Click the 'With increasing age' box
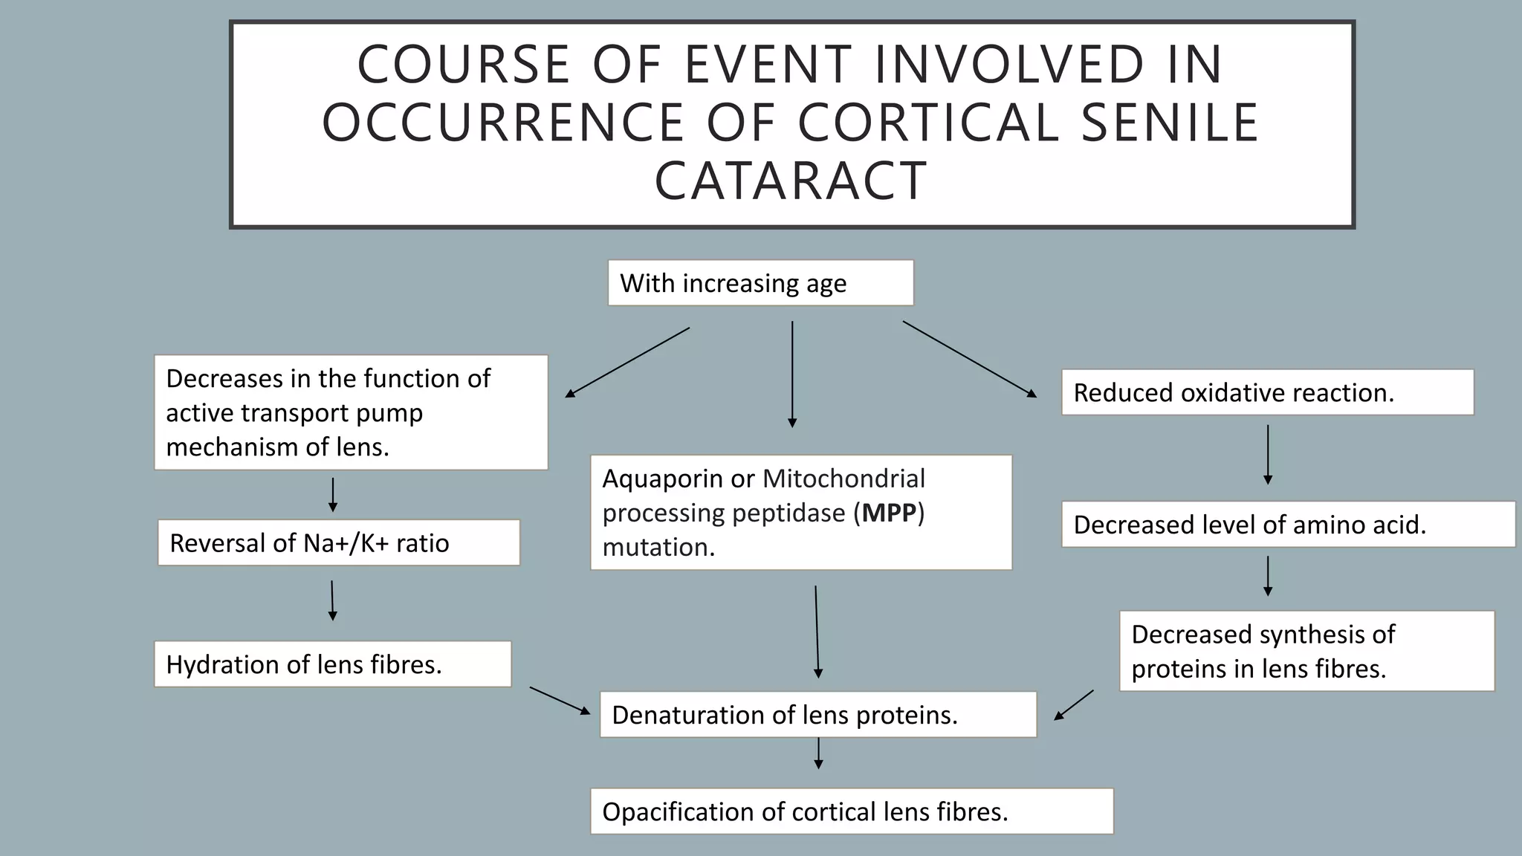click(760, 283)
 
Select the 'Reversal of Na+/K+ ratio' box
click(338, 543)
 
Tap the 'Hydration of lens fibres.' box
click(332, 664)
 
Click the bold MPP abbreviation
click(889, 513)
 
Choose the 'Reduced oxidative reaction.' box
click(1267, 392)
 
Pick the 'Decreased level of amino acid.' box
click(1287, 525)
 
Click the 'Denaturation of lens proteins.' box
click(817, 715)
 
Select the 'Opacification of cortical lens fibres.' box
click(852, 811)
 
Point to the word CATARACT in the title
click(791, 181)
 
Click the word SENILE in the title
click(1170, 123)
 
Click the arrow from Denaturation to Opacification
click(818, 753)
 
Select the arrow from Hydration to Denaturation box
click(560, 700)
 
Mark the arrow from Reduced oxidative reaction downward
click(1268, 455)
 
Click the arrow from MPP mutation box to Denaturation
click(817, 632)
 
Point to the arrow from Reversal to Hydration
click(332, 600)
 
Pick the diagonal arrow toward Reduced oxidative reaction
click(969, 359)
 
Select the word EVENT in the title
click(768, 64)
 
